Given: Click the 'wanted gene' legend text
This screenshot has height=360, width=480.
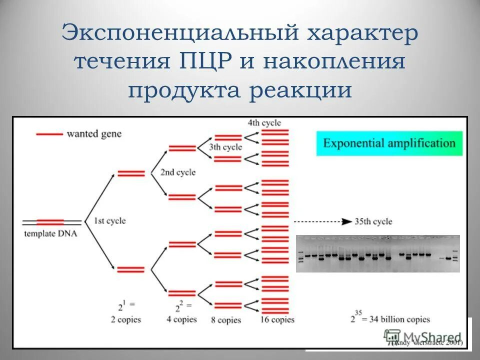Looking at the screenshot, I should point(93,134).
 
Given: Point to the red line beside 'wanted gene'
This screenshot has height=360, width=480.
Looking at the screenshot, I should point(49,134).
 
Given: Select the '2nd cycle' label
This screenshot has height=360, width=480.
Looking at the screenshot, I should point(177,172).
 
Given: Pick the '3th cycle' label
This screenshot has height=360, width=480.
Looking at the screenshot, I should point(225,147).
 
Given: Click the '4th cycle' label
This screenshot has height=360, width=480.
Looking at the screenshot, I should point(264,122).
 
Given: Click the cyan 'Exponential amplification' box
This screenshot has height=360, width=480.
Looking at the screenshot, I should point(389,143).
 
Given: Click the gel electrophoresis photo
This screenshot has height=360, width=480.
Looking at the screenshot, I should point(377,253).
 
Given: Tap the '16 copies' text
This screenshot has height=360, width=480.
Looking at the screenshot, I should point(277,319).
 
